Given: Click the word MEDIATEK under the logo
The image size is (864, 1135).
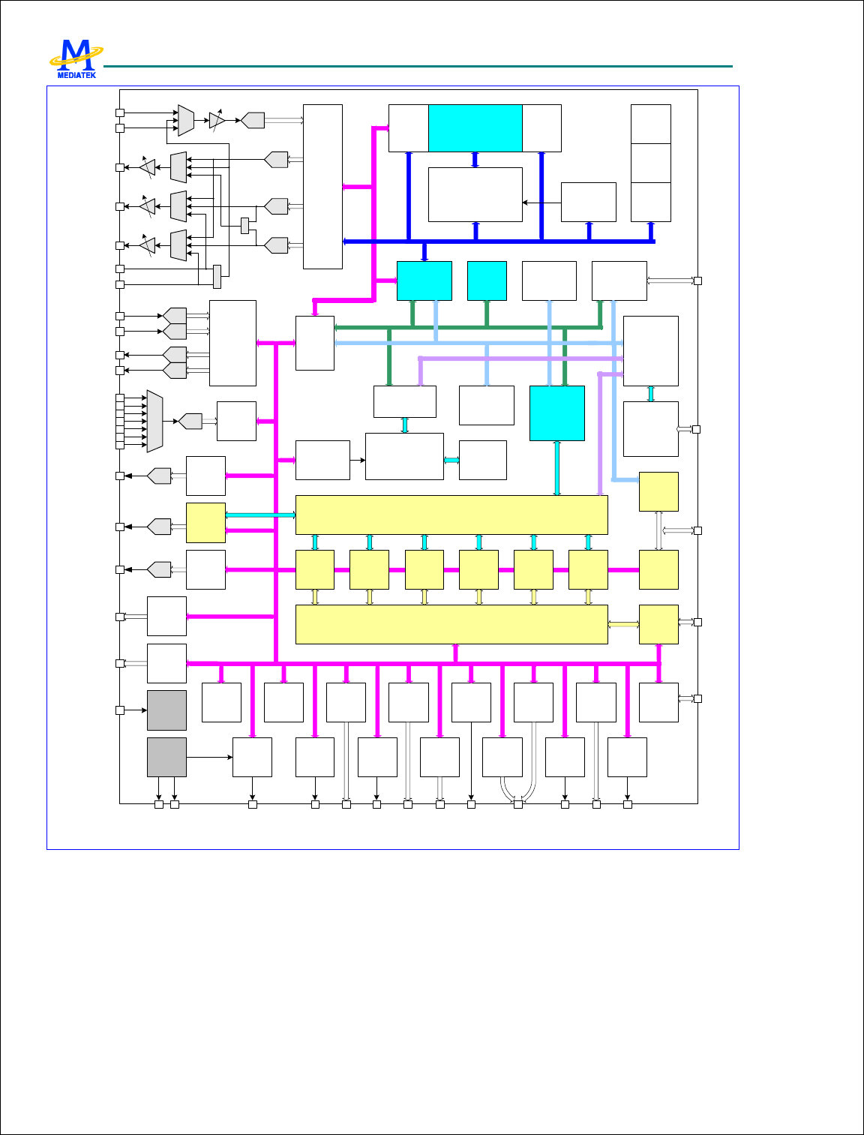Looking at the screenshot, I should [x=76, y=74].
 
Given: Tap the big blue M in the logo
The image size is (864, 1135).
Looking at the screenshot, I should [x=76, y=55].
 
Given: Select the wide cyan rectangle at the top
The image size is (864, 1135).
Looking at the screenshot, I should [x=475, y=128].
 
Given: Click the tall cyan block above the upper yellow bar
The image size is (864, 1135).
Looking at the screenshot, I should [x=556, y=413].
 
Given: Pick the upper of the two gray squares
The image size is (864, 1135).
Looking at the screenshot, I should [x=166, y=710].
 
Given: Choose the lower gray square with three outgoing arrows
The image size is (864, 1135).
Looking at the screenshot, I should [x=166, y=757].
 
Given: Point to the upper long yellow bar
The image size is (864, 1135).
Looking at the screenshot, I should [x=451, y=515].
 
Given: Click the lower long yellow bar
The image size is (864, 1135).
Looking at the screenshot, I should [x=451, y=624].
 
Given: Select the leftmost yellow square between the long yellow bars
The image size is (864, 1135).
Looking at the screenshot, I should [x=314, y=569].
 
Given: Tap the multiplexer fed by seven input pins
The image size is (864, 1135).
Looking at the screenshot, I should [x=154, y=421].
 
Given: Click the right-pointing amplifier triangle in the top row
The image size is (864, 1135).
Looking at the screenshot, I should [x=217, y=120].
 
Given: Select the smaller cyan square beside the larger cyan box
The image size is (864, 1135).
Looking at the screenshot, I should [x=486, y=281].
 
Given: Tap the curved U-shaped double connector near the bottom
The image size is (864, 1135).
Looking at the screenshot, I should [x=517, y=788].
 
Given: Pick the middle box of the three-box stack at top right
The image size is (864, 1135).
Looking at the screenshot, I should [x=650, y=163].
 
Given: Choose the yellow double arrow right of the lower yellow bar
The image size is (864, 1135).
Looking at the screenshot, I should [x=622, y=624].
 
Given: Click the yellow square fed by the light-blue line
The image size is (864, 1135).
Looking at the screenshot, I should [x=658, y=491].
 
